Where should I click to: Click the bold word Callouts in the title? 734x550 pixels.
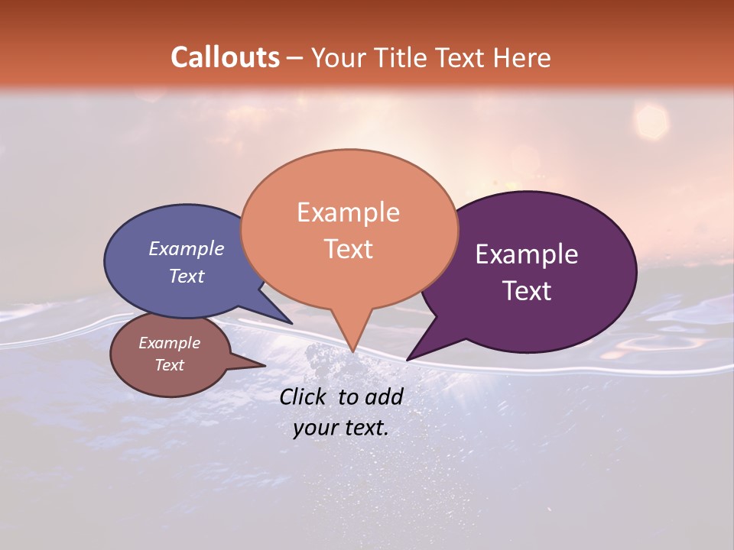tap(226, 57)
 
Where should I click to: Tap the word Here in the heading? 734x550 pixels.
tap(523, 57)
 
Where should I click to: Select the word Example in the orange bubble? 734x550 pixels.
tap(348, 212)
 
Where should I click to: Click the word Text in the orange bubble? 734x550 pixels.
tap(348, 248)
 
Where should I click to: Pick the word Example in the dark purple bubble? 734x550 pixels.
tap(527, 254)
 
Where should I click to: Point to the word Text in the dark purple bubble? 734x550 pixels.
tap(527, 290)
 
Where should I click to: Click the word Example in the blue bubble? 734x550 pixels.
tap(187, 248)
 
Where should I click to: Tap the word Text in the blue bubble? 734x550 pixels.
tap(187, 276)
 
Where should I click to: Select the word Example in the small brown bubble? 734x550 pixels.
tap(170, 343)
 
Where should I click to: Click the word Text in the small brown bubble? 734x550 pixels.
tap(170, 365)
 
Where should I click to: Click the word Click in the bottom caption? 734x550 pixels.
tap(305, 396)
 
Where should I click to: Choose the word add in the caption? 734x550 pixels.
tap(385, 396)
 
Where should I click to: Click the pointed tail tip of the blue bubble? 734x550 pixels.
tap(292, 324)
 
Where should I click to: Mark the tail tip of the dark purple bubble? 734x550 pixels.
tap(407, 360)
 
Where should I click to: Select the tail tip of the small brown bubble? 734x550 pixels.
tap(265, 366)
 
